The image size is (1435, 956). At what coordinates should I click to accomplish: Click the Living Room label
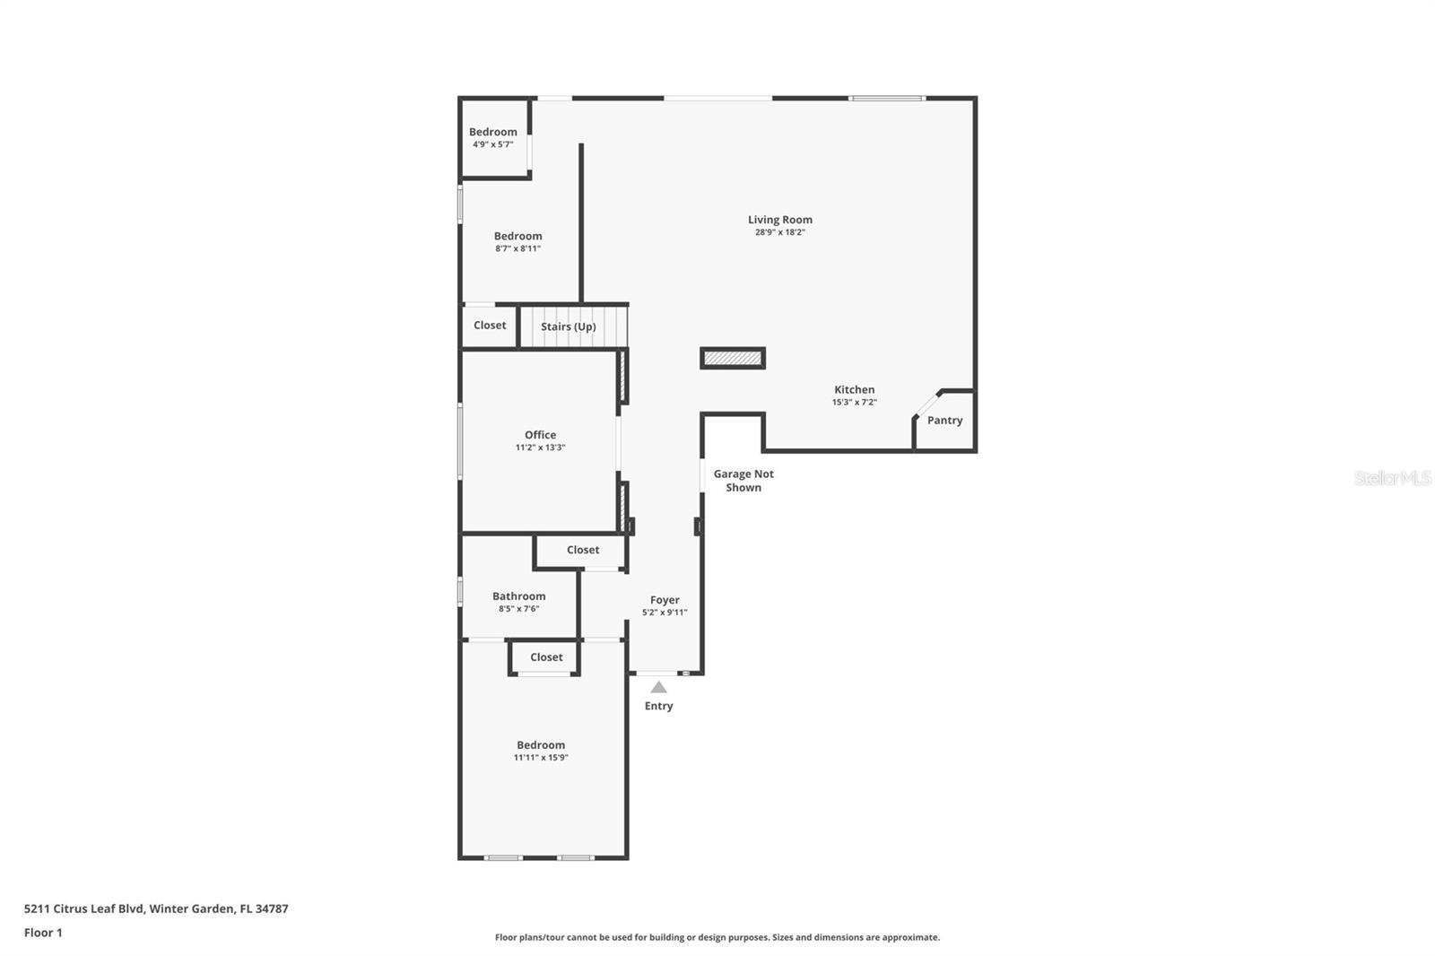(x=779, y=220)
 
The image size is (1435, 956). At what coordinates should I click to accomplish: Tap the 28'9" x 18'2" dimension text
(x=779, y=232)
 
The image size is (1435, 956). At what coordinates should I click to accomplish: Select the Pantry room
(x=944, y=421)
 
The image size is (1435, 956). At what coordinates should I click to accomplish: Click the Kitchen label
(x=854, y=389)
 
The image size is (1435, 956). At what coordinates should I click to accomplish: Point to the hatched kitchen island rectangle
(x=732, y=359)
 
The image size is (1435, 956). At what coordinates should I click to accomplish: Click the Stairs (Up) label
(x=568, y=326)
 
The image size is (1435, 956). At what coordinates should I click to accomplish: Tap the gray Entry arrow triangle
(x=658, y=688)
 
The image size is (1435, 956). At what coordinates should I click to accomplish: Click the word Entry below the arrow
(x=658, y=706)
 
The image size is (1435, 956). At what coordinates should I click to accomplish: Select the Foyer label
(x=665, y=600)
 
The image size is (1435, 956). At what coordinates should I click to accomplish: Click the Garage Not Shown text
(x=744, y=481)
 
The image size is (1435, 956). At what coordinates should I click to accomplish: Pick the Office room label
(x=540, y=435)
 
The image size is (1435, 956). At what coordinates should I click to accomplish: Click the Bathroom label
(x=518, y=596)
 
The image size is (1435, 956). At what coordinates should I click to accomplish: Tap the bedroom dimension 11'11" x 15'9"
(x=541, y=758)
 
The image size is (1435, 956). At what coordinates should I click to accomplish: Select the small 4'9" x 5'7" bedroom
(x=493, y=138)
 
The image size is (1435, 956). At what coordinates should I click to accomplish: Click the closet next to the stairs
(x=490, y=326)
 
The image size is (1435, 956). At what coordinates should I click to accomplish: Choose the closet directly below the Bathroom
(x=546, y=657)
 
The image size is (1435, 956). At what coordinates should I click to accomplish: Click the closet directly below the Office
(x=582, y=551)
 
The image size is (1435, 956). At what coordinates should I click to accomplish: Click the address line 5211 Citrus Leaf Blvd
(x=156, y=908)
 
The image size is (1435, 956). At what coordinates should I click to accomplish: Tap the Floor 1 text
(x=43, y=933)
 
